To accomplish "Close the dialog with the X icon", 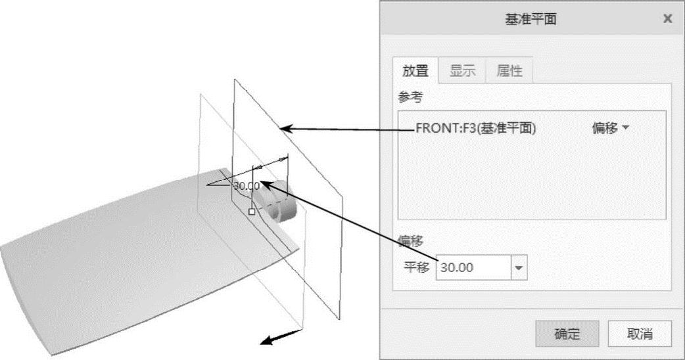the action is [667, 19].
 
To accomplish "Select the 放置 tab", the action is [415, 72].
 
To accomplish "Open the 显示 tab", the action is [462, 72].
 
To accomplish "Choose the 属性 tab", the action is [509, 72].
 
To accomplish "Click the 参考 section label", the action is [411, 97].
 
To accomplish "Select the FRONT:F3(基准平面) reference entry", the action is [476, 129].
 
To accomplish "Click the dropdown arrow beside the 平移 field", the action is [519, 267].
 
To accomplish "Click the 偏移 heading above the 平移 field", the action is [411, 242].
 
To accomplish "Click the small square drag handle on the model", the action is [251, 211].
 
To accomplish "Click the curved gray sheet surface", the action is [131, 263].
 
